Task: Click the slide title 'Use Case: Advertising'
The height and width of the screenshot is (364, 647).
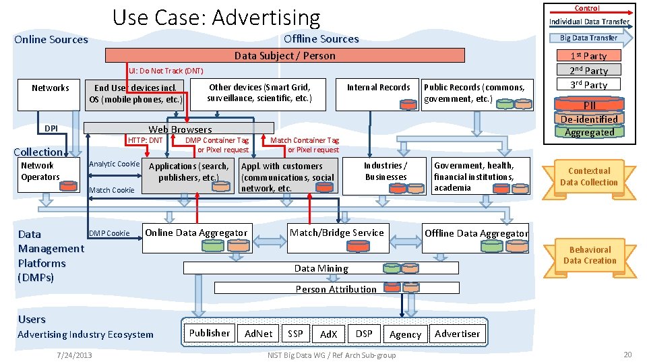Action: (216, 17)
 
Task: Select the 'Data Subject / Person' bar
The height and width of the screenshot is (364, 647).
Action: (284, 56)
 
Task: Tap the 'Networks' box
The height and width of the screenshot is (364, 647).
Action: (51, 95)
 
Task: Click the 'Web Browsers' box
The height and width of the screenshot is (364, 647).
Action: (179, 128)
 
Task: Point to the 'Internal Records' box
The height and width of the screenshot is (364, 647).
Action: (378, 95)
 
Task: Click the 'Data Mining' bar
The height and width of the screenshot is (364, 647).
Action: (321, 268)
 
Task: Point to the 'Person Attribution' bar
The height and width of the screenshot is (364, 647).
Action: (336, 289)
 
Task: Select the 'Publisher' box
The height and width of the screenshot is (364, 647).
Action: (209, 333)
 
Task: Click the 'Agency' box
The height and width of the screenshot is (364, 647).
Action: (405, 334)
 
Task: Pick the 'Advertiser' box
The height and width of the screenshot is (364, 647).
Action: (457, 334)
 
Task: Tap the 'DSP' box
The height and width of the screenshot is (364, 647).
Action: (364, 334)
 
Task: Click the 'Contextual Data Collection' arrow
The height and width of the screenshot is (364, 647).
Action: (588, 177)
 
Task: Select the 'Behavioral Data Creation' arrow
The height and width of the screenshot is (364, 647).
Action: (588, 255)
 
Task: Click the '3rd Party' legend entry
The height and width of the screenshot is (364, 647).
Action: (588, 85)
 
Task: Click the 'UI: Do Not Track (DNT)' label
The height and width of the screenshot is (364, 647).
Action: (166, 71)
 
